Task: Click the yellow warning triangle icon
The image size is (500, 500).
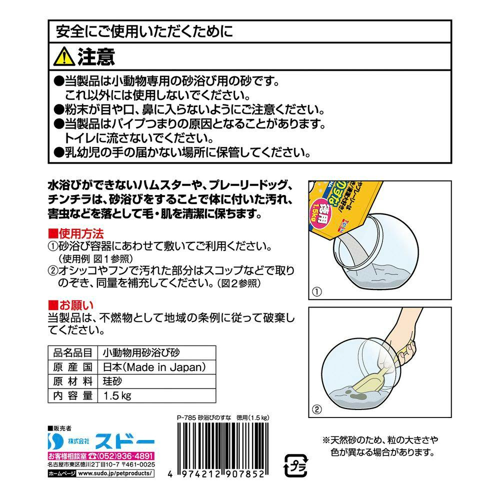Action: pos(64,57)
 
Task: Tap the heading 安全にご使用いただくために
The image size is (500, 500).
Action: pos(145,31)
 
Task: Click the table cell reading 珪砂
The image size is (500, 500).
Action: pos(112,381)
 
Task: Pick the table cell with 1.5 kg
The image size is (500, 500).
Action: pos(117,395)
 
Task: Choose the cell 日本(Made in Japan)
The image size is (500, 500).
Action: pos(154,367)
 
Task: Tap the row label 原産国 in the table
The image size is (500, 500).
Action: pos(72,367)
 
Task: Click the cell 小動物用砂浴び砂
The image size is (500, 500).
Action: pos(141,352)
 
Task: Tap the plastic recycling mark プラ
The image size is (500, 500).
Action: pos(296,465)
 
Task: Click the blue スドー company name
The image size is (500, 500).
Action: pos(124,441)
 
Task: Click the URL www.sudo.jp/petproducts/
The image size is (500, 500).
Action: pos(115,473)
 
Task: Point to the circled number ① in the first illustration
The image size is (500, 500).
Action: pos(316,291)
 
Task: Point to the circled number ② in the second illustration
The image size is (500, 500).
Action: pos(316,409)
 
